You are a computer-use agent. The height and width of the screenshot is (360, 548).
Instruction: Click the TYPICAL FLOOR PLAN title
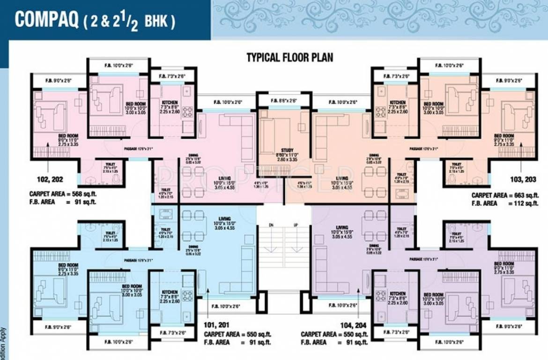(290, 58)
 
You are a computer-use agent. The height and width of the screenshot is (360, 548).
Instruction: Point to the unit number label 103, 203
(521, 179)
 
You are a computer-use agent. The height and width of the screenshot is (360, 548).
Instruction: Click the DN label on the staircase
(271, 225)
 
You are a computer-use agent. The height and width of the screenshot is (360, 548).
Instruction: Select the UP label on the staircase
(296, 225)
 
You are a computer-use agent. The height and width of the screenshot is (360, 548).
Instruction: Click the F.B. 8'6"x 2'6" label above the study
(284, 100)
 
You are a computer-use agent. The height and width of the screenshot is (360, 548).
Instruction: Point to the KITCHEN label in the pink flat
(166, 102)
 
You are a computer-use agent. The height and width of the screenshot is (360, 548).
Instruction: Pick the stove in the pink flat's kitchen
(188, 112)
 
